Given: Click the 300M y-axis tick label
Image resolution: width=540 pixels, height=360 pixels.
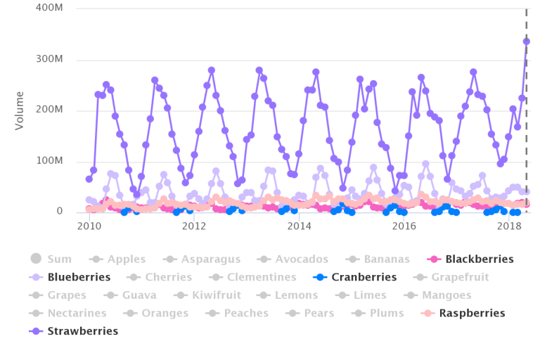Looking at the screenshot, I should (x=50, y=60).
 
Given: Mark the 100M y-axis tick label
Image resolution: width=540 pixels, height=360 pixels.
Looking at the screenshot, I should (x=50, y=161).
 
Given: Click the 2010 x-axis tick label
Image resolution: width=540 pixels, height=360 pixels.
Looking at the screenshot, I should (x=89, y=226).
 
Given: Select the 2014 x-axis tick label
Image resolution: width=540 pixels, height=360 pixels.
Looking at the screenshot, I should (x=299, y=226).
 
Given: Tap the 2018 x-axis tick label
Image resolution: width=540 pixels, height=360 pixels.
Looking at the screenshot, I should (x=508, y=226).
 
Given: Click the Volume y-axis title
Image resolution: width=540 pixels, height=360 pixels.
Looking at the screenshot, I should (x=19, y=110).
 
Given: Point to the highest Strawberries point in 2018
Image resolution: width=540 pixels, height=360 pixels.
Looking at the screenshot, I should (x=526, y=41).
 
